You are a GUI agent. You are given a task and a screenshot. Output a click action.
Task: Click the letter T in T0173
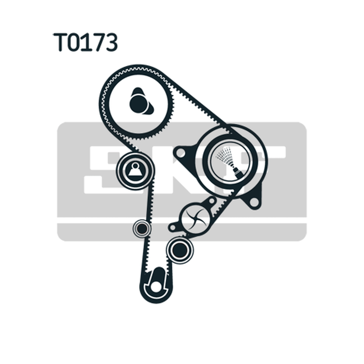point(61,42)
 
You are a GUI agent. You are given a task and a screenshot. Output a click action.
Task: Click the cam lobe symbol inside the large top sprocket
point(140,101)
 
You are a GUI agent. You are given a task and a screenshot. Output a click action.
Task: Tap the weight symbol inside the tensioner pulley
point(135,170)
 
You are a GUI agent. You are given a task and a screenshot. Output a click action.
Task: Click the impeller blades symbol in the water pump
point(196,218)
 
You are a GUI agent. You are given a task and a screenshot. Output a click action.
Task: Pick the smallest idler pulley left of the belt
point(142,228)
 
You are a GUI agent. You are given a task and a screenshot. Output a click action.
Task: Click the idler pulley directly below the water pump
point(180,249)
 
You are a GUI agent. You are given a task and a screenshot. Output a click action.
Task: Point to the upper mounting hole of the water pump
point(211,200)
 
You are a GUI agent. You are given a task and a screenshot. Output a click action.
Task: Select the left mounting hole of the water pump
point(172,227)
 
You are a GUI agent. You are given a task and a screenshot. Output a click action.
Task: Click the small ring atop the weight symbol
point(135,166)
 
